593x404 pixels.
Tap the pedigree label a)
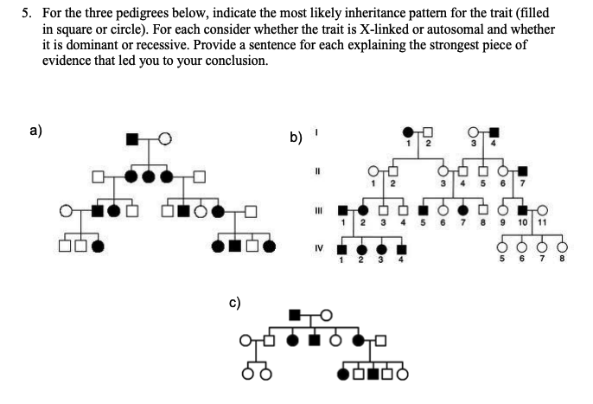tap(35, 131)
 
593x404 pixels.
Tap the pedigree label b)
tap(296, 137)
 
